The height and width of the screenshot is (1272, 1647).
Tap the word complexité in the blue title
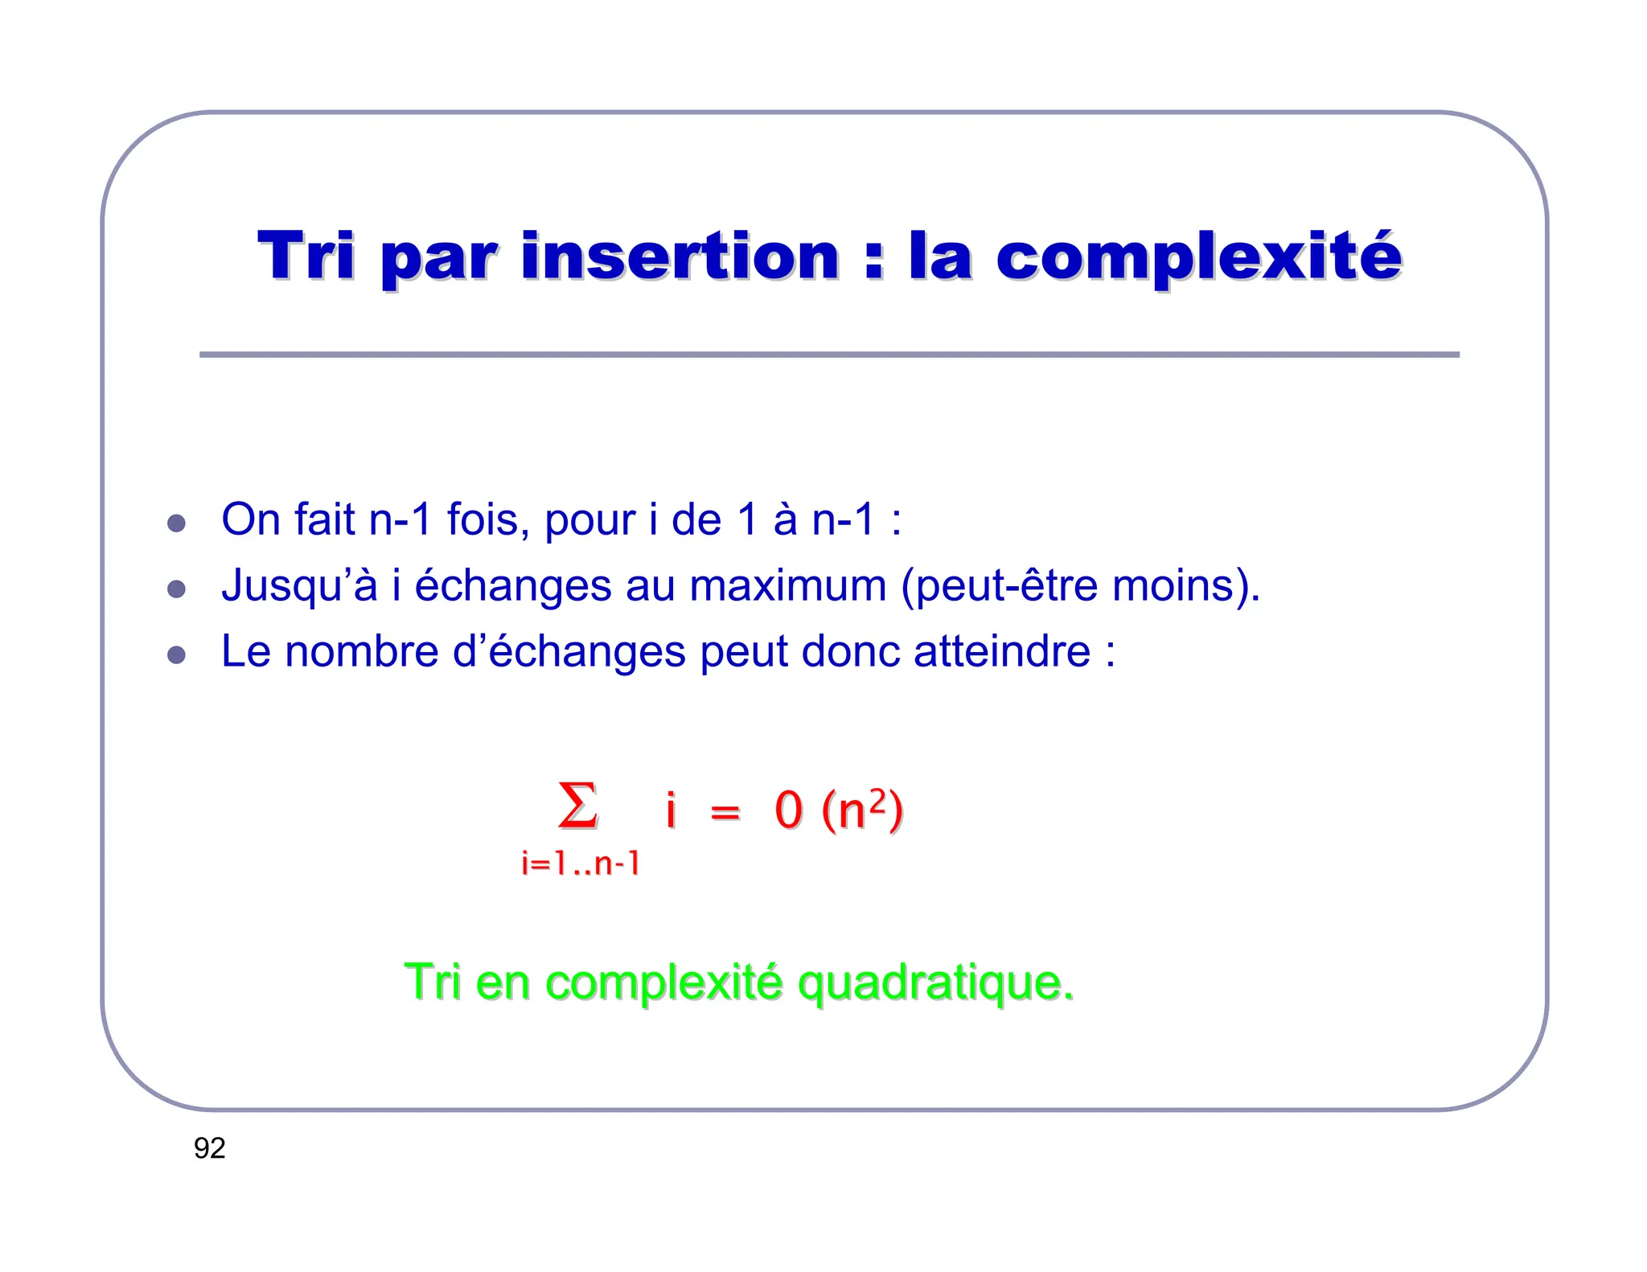coord(1198,257)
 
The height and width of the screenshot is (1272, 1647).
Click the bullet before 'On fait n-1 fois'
coord(176,523)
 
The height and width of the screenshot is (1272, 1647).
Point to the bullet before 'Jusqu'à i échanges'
coord(176,589)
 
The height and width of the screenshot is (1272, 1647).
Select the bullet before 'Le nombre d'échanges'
coord(176,654)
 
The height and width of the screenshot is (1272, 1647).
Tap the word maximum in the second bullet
coord(787,585)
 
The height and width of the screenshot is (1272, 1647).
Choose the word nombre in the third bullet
coord(362,651)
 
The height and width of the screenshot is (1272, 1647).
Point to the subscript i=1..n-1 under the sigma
coord(580,864)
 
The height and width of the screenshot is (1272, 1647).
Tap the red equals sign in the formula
coord(725,812)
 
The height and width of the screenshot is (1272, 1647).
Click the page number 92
coord(209,1148)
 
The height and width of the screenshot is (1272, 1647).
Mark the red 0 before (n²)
coord(788,810)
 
